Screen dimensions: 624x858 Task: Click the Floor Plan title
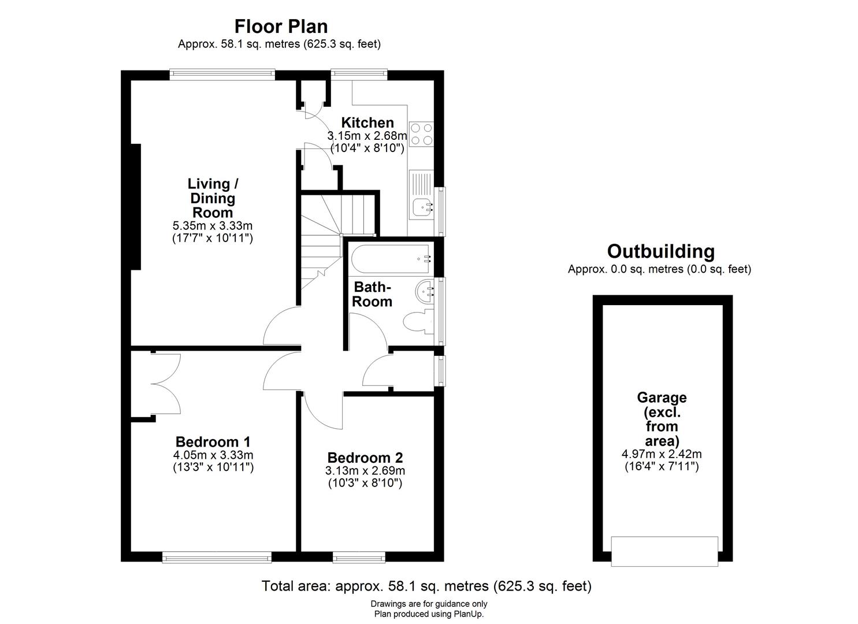click(x=281, y=27)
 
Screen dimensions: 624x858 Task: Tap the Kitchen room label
click(x=367, y=122)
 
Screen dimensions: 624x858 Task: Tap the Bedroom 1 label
click(x=213, y=442)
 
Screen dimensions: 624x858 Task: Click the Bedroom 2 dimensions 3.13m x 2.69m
click(x=365, y=471)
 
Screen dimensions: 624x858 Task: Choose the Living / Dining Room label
click(x=213, y=198)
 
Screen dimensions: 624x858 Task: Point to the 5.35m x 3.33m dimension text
click(x=213, y=225)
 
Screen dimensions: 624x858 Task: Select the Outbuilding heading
click(x=660, y=252)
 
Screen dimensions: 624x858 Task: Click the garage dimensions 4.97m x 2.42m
click(x=662, y=454)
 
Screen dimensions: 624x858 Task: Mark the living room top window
click(x=222, y=73)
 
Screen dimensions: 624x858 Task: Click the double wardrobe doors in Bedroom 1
click(x=165, y=383)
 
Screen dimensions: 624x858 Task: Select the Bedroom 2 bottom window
click(x=359, y=557)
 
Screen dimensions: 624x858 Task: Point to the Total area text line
click(x=426, y=586)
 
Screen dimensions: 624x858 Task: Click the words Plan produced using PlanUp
click(x=429, y=614)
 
